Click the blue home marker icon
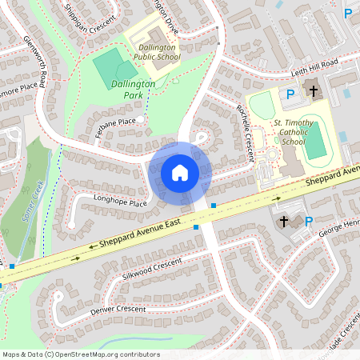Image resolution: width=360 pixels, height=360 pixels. pyautogui.click(x=180, y=173)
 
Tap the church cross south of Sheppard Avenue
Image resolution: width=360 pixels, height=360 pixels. pyautogui.click(x=283, y=221)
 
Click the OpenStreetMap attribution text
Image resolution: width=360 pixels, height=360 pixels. pyautogui.click(x=81, y=354)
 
